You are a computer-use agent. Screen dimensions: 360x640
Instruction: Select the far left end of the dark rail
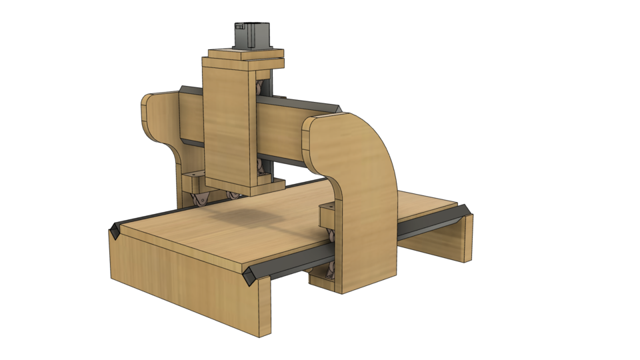click(x=114, y=231)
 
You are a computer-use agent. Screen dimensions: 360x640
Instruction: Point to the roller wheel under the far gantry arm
click(x=199, y=200)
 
